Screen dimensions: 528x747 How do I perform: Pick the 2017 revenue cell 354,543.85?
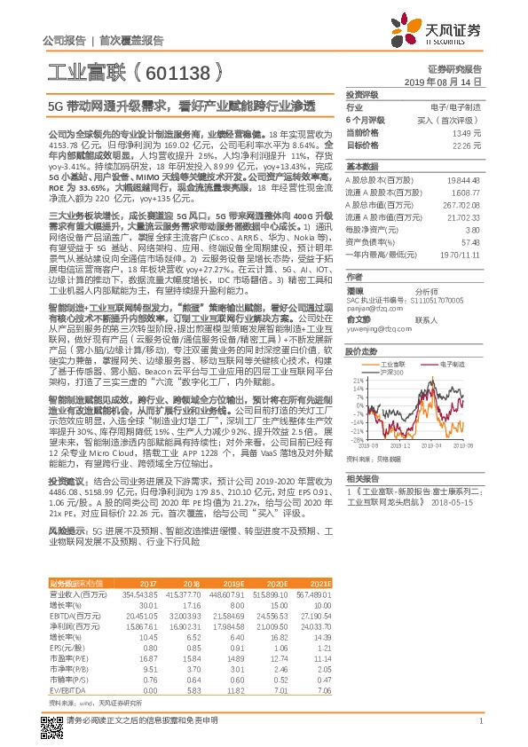tap(138, 594)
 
